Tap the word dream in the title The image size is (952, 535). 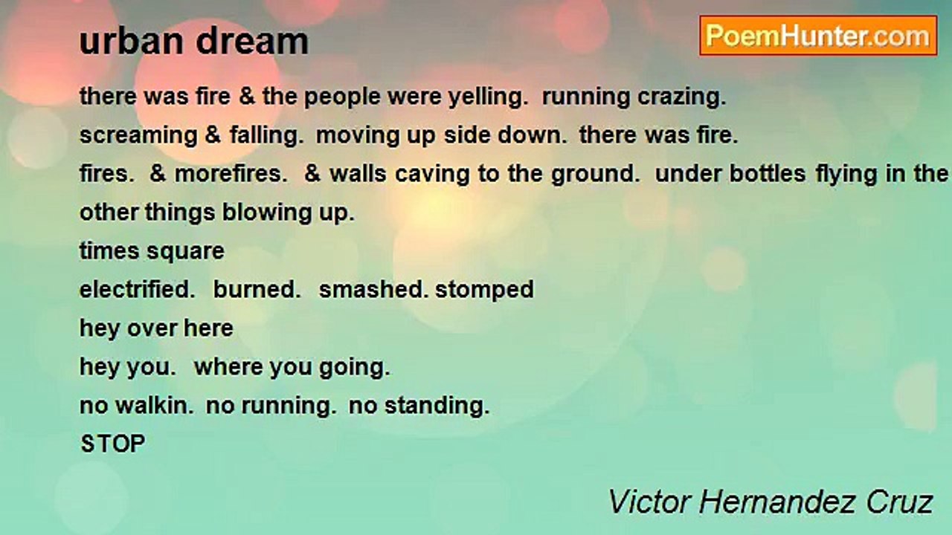point(252,42)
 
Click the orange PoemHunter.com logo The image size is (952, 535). point(818,36)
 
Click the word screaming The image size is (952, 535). point(138,136)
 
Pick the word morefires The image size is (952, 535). point(231,174)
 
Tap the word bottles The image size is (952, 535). point(768,174)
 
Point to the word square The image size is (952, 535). point(185,252)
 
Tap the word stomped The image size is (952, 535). point(484,291)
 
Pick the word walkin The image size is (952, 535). point(155,406)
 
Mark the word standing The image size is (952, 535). point(437,406)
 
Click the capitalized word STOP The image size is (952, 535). point(113,444)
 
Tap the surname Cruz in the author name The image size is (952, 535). point(899,502)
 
